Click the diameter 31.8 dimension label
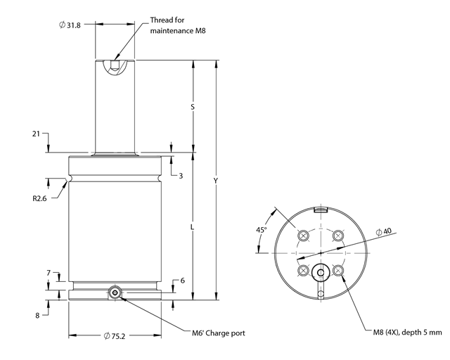(71, 25)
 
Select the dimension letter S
(193, 107)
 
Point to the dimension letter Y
(217, 181)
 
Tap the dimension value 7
(49, 271)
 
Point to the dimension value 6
(182, 281)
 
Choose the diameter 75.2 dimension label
(116, 335)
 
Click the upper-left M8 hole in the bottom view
(303, 236)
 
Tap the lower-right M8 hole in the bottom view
(338, 270)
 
